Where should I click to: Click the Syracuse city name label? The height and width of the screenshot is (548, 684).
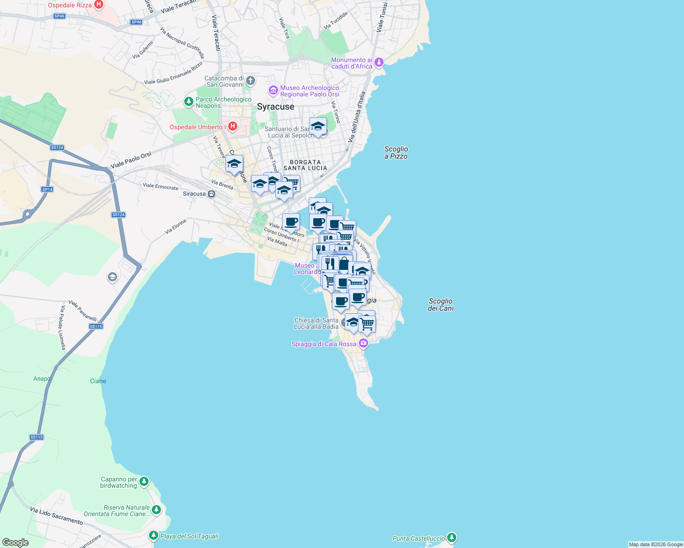tap(276, 107)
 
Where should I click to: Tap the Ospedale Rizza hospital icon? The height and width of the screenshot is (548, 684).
tap(98, 5)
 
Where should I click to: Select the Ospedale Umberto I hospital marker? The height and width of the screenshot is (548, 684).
tap(233, 126)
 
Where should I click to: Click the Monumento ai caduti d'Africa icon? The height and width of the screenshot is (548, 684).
tap(379, 63)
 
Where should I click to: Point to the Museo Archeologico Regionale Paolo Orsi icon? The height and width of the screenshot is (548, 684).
tap(273, 90)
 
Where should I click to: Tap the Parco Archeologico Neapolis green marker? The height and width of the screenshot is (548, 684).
tap(188, 101)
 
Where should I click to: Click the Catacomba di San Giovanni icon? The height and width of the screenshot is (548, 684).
tap(250, 81)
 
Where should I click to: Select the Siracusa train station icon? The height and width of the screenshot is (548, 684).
tap(211, 194)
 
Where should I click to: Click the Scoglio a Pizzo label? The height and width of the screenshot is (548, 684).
tap(396, 153)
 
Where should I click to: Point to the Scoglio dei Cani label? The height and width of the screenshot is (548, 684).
tap(441, 305)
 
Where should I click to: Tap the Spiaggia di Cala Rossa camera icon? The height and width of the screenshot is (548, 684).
tap(363, 343)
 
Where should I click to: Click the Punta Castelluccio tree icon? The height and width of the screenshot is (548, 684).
tap(452, 538)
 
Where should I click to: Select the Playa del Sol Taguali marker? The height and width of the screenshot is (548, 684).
tap(154, 536)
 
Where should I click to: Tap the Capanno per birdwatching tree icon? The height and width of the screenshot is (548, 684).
tap(144, 482)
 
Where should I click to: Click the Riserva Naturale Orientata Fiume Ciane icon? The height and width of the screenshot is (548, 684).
tap(156, 510)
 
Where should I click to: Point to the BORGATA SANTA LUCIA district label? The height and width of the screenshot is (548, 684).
tap(305, 165)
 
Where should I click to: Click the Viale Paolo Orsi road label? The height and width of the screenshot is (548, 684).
tap(131, 160)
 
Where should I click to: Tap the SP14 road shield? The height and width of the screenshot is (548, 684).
tap(47, 190)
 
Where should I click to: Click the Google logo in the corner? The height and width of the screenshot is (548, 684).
tap(16, 543)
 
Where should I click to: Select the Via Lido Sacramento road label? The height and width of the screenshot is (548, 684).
tap(57, 516)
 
